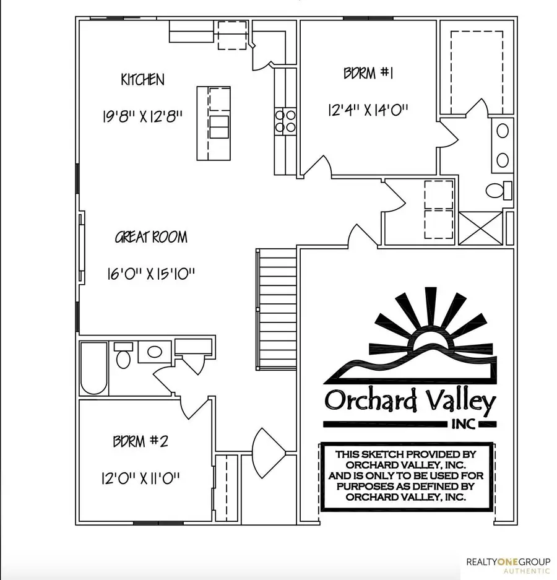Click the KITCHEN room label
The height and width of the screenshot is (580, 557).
[142, 80]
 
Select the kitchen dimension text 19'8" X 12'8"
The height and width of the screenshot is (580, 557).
[142, 116]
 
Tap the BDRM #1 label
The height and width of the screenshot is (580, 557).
[369, 74]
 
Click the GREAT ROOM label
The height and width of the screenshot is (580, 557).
[151, 237]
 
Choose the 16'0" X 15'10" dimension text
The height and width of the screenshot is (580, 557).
[151, 274]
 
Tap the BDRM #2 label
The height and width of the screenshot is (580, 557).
[140, 442]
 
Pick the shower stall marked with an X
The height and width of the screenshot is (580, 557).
[480, 227]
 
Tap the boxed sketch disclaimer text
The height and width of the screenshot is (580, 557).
[406, 475]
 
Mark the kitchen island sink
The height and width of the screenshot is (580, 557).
[218, 126]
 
